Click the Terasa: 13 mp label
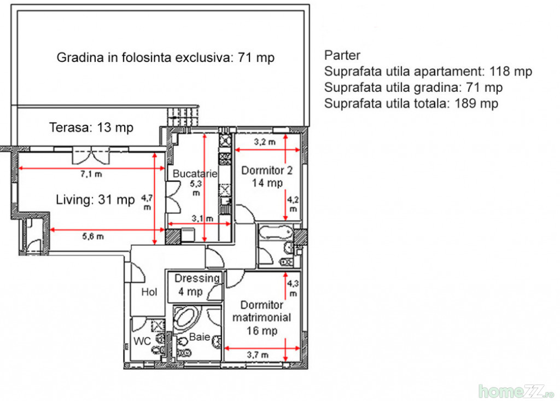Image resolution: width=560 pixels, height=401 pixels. click(91, 127)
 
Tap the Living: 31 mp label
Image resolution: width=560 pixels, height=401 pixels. click(95, 200)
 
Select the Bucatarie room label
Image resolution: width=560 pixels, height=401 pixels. click(195, 174)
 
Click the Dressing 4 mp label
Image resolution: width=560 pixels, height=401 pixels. click(197, 285)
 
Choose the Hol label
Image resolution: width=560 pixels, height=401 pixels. click(149, 292)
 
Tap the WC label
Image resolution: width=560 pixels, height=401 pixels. click(142, 341)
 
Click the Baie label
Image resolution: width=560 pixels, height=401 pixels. click(200, 336)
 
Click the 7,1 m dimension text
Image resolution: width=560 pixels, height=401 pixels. click(91, 174)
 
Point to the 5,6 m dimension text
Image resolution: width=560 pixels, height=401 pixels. click(93, 236)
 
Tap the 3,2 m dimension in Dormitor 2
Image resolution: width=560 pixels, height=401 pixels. click(265, 142)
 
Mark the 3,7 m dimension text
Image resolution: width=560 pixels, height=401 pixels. click(258, 355)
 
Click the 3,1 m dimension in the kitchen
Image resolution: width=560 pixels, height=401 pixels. click(202, 218)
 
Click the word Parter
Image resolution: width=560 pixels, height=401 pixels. click(342, 55)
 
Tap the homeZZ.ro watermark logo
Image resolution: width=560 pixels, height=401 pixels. click(516, 391)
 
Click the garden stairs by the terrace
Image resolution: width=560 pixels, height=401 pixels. click(183, 117)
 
